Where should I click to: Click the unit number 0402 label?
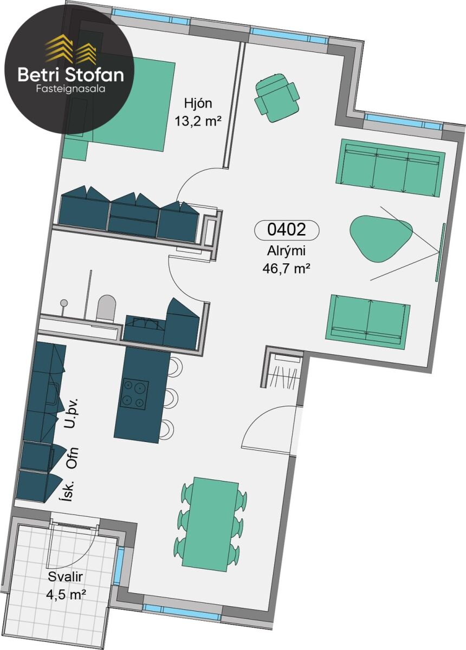[287, 230]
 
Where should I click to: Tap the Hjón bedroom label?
[198, 103]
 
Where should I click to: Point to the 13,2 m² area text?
[198, 121]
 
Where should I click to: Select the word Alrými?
[286, 251]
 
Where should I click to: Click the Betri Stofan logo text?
[71, 75]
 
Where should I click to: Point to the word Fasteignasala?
[71, 89]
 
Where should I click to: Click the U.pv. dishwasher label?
[71, 413]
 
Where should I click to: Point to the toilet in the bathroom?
[106, 308]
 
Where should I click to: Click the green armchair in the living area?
[276, 97]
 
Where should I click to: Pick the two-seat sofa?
[368, 322]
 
